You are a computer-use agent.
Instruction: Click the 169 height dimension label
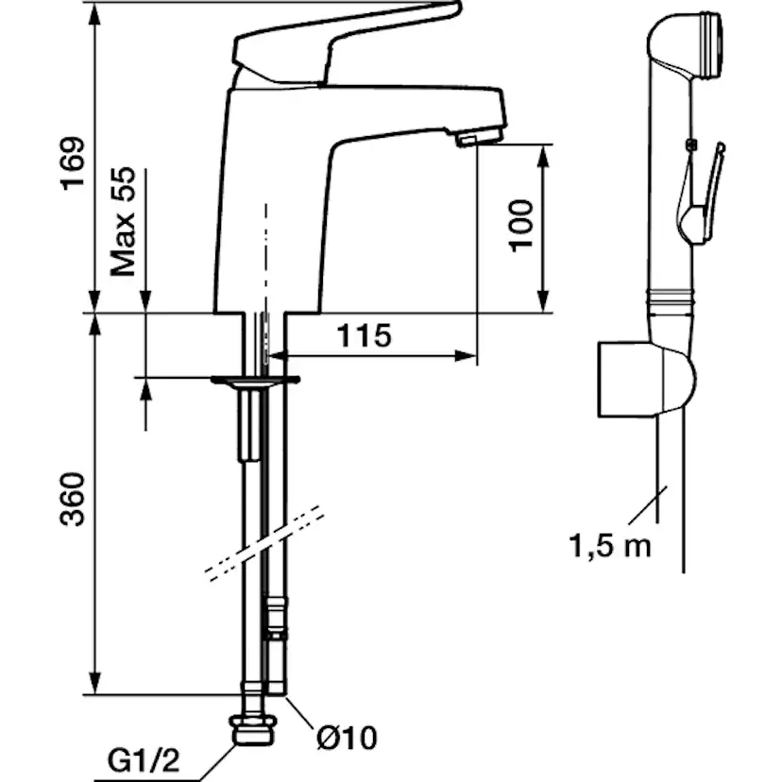tap(73, 163)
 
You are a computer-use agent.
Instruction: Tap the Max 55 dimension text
tap(123, 221)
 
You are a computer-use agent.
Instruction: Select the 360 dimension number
tap(73, 500)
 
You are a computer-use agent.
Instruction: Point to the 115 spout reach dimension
tap(364, 335)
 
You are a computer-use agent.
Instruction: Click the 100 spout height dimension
tap(520, 226)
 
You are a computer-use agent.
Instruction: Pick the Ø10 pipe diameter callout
tap(348, 737)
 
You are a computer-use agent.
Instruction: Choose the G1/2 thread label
tap(144, 761)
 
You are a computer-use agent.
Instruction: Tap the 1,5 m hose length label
tap(610, 546)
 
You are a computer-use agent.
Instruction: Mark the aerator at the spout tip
tap(478, 138)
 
